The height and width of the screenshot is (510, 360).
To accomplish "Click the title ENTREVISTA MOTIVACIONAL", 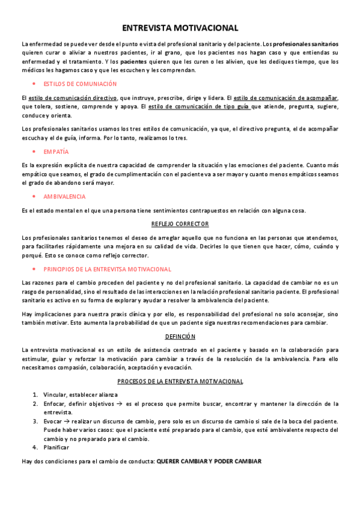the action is point(180,28).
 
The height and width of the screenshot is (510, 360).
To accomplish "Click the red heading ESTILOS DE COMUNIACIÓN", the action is point(80,84).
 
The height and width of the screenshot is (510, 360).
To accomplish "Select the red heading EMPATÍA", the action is point(56,152).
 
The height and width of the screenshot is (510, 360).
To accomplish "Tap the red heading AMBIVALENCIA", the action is point(64,196).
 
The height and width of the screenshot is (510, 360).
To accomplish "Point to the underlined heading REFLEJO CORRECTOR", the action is point(180,224).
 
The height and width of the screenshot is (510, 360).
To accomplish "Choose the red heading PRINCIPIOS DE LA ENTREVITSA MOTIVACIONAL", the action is point(108,269).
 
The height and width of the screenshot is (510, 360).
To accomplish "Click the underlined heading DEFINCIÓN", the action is point(180,336).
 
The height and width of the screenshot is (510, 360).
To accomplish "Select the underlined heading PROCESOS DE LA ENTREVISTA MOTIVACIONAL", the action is point(180,381).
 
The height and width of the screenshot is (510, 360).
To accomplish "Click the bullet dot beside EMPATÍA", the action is point(34,152).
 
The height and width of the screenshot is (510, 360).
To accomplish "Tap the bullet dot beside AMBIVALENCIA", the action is point(34,196).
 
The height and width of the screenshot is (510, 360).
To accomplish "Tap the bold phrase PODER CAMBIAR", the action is point(238,461).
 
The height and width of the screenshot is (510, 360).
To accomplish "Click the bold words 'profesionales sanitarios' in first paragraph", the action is point(306,44).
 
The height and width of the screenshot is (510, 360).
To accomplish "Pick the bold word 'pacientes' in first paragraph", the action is point(133,61).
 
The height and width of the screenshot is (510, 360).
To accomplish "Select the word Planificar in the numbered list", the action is point(56,447).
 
